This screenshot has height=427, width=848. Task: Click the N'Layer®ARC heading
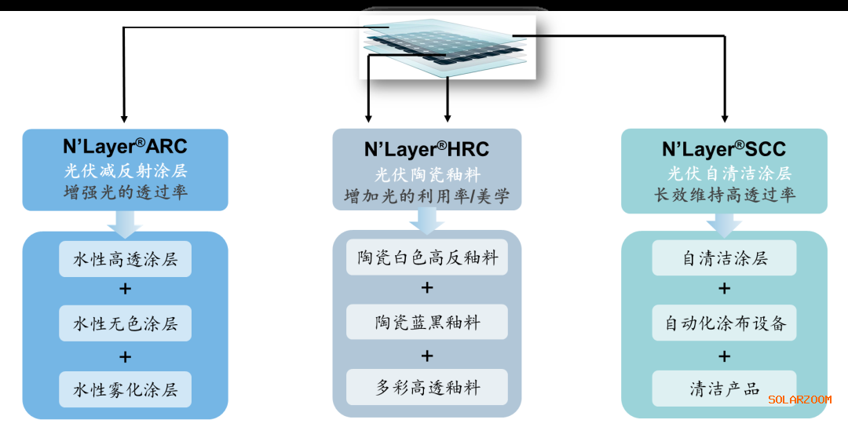(x=125, y=148)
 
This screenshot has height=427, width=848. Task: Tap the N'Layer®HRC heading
(x=426, y=149)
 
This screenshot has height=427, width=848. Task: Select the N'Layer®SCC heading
(x=724, y=149)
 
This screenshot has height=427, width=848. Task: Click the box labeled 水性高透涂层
(x=125, y=259)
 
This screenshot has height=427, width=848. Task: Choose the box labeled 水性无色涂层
(x=125, y=323)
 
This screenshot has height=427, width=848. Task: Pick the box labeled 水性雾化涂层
(x=125, y=389)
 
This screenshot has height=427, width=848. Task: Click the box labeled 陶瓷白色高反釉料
(x=427, y=257)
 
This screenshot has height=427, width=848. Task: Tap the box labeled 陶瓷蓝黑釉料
(x=427, y=322)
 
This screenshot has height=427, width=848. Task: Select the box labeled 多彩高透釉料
(x=427, y=388)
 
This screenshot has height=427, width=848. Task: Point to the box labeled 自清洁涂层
(x=724, y=258)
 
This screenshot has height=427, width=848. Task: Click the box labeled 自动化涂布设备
(x=724, y=323)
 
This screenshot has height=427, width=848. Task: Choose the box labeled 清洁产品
(x=724, y=389)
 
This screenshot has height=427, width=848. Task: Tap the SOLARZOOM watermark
(x=799, y=400)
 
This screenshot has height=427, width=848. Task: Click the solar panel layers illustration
(x=447, y=45)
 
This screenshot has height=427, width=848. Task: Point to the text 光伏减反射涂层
(x=125, y=171)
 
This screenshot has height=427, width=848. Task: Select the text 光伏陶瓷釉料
(x=426, y=173)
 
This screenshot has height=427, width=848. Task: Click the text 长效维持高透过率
(x=724, y=194)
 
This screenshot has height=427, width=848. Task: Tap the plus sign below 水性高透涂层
(x=125, y=290)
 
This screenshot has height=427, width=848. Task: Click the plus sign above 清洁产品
(x=724, y=356)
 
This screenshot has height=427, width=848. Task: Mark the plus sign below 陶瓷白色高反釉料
(x=427, y=288)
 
